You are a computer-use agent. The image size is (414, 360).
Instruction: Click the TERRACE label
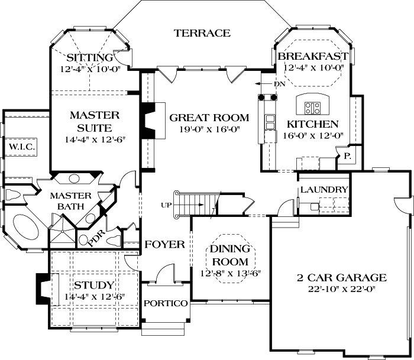pyautogui.click(x=202, y=33)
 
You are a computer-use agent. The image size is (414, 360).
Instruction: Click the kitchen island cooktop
pyautogui.click(x=312, y=108)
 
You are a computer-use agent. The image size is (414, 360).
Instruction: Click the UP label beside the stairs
pyautogui.click(x=166, y=205)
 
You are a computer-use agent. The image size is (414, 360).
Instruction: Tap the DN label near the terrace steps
pyautogui.click(x=280, y=84)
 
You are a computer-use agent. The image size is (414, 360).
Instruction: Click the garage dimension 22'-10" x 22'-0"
pyautogui.click(x=342, y=289)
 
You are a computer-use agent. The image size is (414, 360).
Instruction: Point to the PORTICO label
pyautogui.click(x=166, y=303)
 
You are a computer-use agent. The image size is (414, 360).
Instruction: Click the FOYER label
pyautogui.click(x=165, y=244)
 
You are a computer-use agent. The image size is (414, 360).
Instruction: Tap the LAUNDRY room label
pyautogui.click(x=324, y=189)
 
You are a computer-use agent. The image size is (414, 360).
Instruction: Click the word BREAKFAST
pyautogui.click(x=312, y=56)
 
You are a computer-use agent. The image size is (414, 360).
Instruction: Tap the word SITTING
pyautogui.click(x=89, y=58)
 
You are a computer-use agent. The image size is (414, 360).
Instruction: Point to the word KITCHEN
pyautogui.click(x=312, y=124)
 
